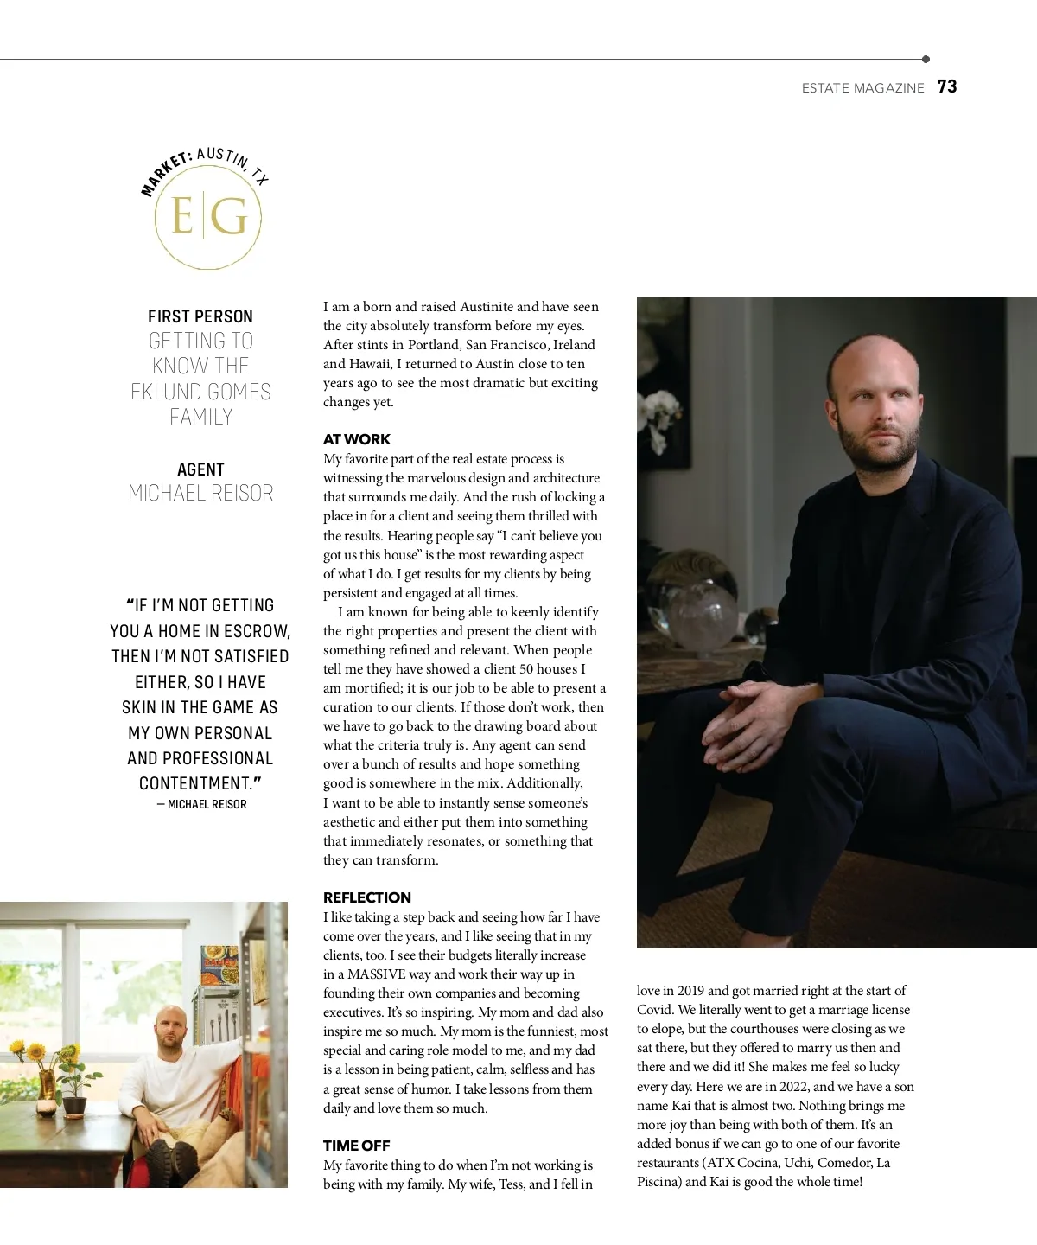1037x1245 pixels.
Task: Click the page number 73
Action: [947, 86]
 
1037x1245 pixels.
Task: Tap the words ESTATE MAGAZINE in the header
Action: [862, 88]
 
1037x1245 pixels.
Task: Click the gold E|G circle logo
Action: [207, 216]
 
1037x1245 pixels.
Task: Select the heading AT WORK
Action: [357, 439]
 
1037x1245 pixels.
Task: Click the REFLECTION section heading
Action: [367, 897]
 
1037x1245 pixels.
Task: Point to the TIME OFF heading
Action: [357, 1146]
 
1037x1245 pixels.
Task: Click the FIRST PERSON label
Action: [200, 316]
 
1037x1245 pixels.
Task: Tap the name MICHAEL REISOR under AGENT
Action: [200, 493]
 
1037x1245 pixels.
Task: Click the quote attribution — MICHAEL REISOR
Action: [202, 804]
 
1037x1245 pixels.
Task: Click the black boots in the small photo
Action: [173, 1159]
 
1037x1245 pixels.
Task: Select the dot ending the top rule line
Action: [926, 60]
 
